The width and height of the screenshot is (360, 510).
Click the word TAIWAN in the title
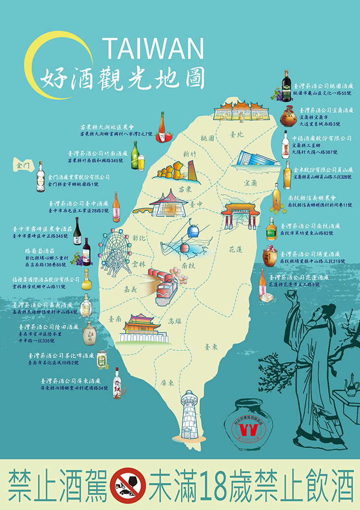[x=153, y=48]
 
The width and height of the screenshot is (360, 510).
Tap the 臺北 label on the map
[x=238, y=134]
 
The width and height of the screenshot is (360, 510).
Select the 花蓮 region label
[x=236, y=249]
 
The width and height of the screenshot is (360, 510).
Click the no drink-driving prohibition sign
[x=127, y=485]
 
